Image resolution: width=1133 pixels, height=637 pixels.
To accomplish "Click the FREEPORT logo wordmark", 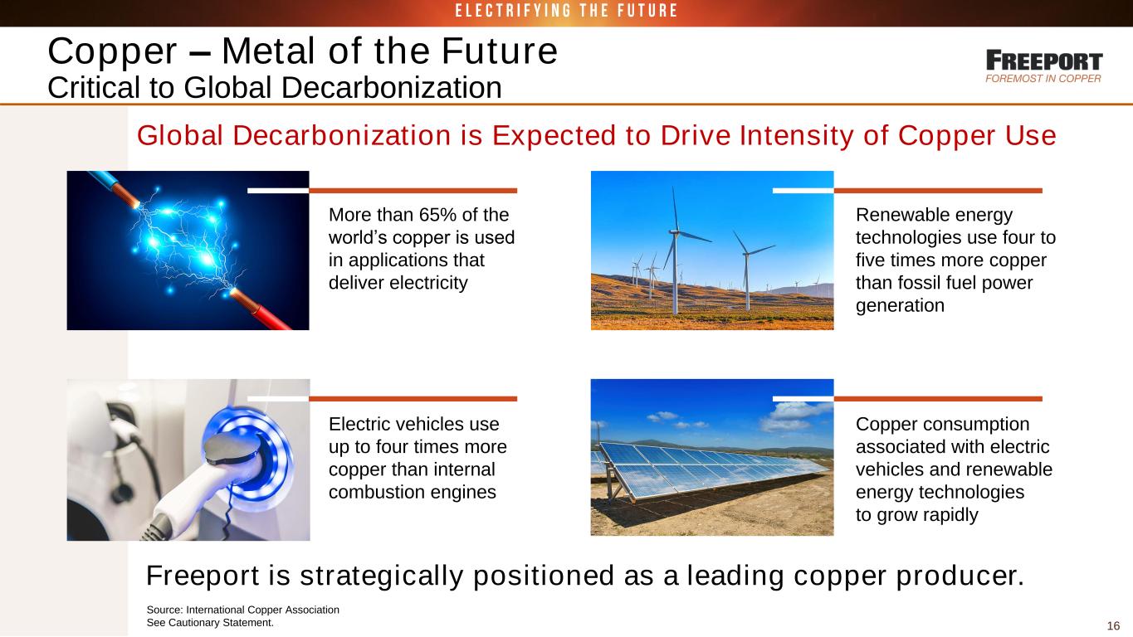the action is point(1044,61).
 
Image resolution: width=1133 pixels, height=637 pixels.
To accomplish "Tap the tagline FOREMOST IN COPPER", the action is point(1043,79).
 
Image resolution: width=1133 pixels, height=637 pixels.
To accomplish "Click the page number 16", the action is point(1113,626).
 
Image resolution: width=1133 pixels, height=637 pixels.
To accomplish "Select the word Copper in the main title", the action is point(112,51).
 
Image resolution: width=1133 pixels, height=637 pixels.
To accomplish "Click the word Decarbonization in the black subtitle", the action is point(391,87).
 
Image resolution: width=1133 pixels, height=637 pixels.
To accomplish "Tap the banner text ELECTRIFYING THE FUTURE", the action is point(566,11).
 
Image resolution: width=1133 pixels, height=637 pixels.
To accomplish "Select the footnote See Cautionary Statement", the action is point(210,623).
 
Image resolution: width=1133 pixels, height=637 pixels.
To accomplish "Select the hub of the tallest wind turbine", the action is point(674,232).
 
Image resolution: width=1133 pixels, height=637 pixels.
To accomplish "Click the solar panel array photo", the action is point(712,457).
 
